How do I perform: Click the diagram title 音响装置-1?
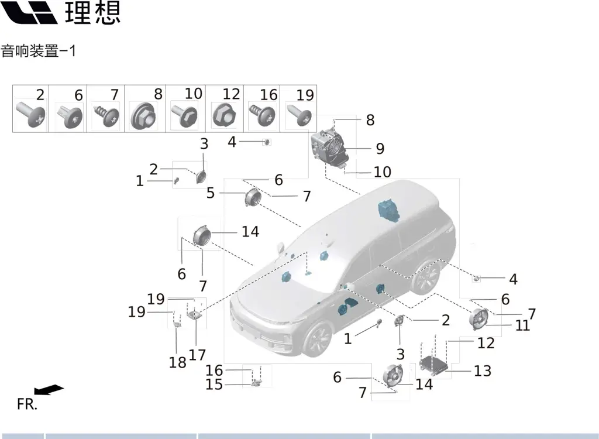pos(38,51)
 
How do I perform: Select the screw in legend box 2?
pos(30,114)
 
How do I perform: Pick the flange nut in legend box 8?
pos(143,116)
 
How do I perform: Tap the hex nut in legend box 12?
pos(224,115)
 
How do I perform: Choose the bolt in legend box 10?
pos(184,115)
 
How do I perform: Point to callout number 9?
pos(380,149)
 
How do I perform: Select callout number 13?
pos(483,371)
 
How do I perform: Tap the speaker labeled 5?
pos(253,197)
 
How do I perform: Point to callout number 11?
pos(522,326)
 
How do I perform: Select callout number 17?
pos(197,355)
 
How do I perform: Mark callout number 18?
pos(178,362)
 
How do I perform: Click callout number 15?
pos(214,385)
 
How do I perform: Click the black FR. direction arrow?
pos(49,390)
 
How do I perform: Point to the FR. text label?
pos(27,404)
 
